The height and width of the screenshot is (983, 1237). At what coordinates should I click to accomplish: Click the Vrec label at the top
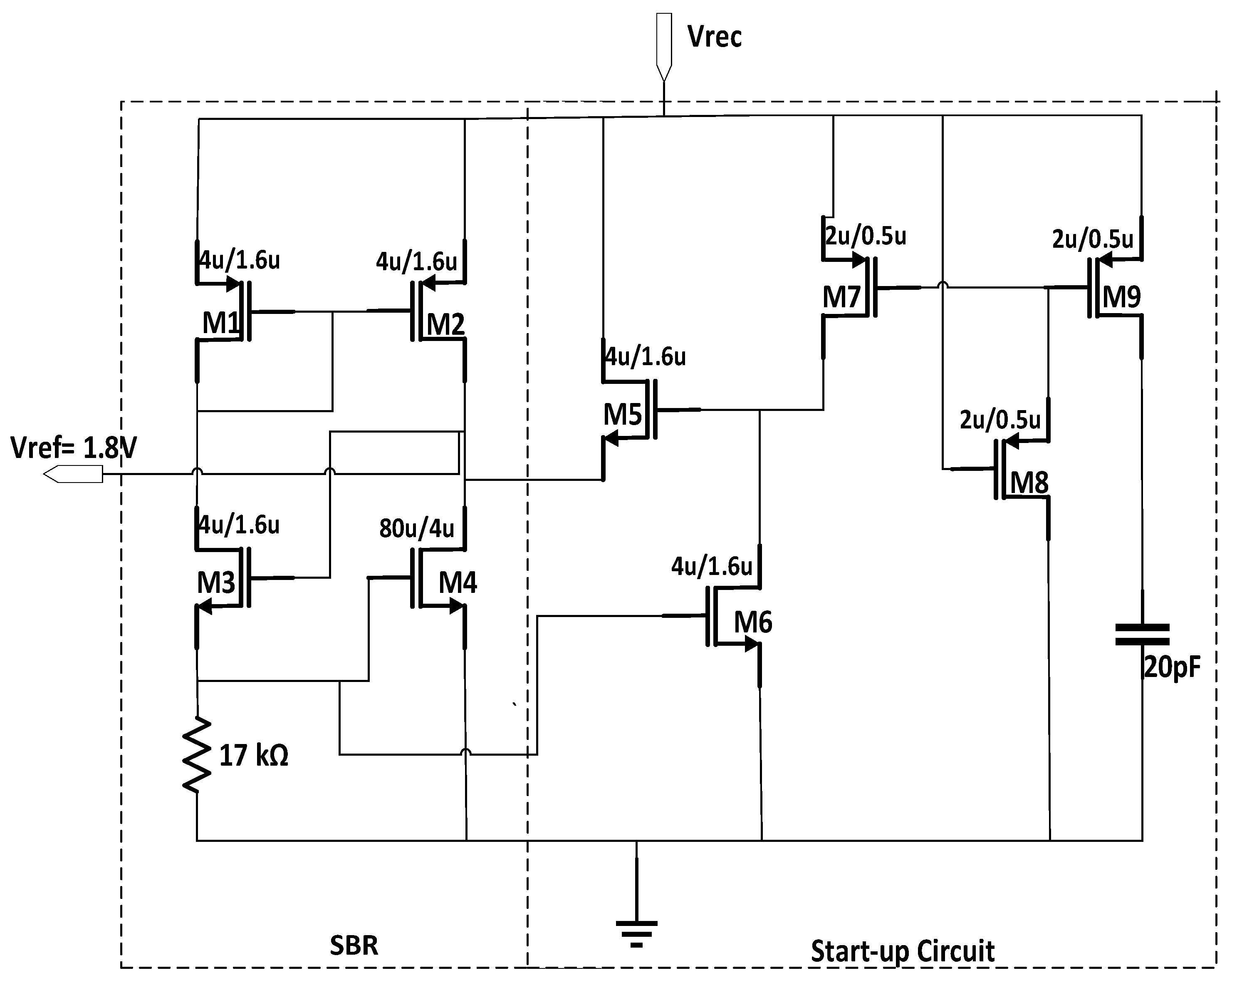[x=714, y=37]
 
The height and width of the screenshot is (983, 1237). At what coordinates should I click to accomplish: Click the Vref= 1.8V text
[x=74, y=448]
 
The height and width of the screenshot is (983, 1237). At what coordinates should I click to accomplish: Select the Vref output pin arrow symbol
[x=74, y=474]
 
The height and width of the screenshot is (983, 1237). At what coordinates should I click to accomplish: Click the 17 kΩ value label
[x=254, y=755]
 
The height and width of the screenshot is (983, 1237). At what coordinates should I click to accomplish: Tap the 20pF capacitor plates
[x=1142, y=635]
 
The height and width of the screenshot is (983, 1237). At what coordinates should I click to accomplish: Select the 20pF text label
[x=1172, y=667]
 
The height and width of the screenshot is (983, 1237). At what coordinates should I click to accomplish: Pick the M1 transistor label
[x=220, y=323]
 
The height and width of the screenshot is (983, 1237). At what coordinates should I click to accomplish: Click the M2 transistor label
[x=445, y=324]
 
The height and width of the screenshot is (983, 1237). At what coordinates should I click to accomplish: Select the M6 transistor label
[x=753, y=622]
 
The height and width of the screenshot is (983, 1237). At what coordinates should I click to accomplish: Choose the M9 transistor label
[x=1122, y=297]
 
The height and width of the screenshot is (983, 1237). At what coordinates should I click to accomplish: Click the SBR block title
[x=354, y=945]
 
